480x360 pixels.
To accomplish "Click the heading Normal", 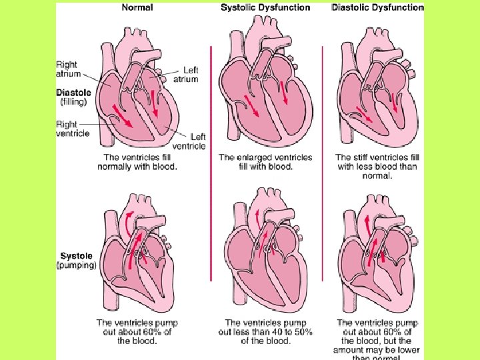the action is click(x=137, y=7).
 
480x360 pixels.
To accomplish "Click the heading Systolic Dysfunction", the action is click(x=265, y=7).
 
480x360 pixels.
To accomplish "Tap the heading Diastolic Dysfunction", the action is click(x=377, y=7).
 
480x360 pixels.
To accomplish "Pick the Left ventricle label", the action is click(x=189, y=141).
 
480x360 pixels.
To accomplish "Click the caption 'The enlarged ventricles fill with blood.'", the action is click(x=265, y=162).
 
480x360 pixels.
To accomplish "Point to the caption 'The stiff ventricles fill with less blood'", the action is click(x=377, y=167).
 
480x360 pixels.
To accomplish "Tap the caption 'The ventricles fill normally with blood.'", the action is click(x=138, y=162).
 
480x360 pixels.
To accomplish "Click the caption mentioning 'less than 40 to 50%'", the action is click(x=265, y=331).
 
